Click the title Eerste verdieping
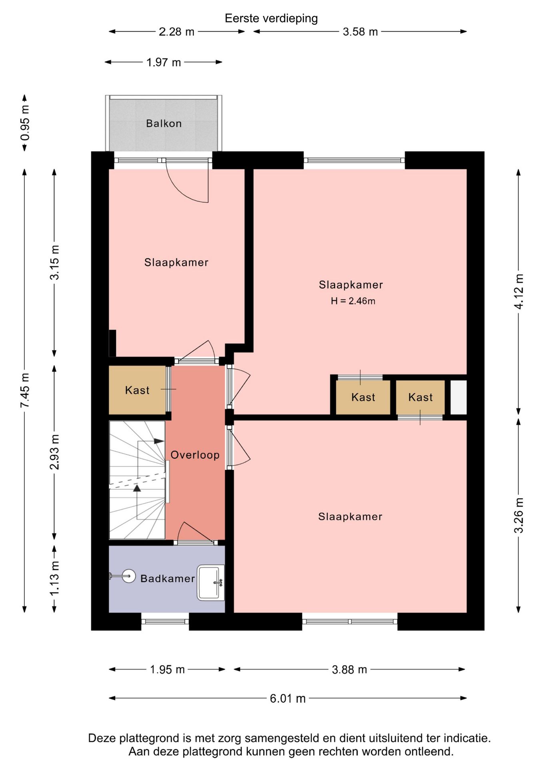[271, 18]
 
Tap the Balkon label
[164, 123]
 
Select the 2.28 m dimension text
[176, 32]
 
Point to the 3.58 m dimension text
[360, 32]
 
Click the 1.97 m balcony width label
[164, 62]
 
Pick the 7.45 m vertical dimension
[25, 390]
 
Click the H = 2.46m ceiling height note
[353, 301]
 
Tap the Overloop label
[195, 455]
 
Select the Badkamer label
[168, 578]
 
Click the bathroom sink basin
[211, 582]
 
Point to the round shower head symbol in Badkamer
[129, 576]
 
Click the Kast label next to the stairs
[137, 390]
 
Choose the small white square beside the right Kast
[459, 397]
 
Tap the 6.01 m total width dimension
[287, 698]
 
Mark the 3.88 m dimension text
[349, 670]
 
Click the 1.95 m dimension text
[167, 670]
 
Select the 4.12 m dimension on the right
[519, 292]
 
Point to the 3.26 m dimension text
[519, 515]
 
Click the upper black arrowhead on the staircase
[159, 441]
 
